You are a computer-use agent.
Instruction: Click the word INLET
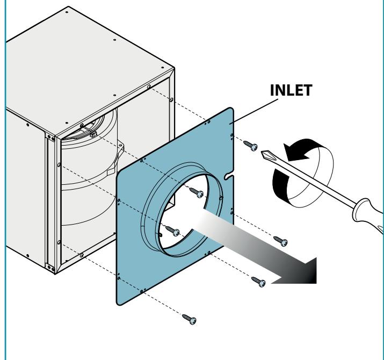pos(291,90)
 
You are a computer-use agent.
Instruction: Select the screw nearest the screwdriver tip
pos(250,145)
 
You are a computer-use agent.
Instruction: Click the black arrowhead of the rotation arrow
pos(296,152)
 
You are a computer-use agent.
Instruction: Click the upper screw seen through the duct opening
pos(197,192)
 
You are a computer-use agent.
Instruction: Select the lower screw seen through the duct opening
pos(172,231)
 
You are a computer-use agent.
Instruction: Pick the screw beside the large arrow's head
pos(259,282)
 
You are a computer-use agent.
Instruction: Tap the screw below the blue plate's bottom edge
pos(189,319)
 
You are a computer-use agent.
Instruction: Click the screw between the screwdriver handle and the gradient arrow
pos(281,241)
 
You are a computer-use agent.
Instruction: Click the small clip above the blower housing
pos(93,134)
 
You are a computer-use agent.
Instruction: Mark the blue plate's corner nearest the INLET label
pos(231,109)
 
